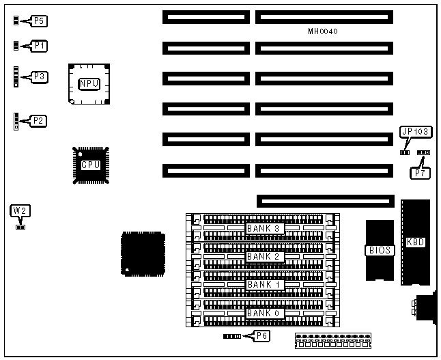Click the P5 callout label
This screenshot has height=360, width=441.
40,21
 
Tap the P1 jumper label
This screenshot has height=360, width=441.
40,46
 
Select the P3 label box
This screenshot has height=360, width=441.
40,77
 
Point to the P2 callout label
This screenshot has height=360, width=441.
40,121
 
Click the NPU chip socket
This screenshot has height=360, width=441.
89,84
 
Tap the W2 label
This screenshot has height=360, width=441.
20,211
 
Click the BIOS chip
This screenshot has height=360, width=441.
380,250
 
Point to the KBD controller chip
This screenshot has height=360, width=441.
415,242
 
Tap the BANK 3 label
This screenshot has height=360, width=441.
264,228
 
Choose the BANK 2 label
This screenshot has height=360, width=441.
264,256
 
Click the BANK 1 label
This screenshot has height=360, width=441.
264,284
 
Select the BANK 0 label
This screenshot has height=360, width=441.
264,313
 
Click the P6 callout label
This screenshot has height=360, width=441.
261,335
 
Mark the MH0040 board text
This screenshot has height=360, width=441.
323,31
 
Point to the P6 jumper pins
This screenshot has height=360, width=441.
232,337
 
